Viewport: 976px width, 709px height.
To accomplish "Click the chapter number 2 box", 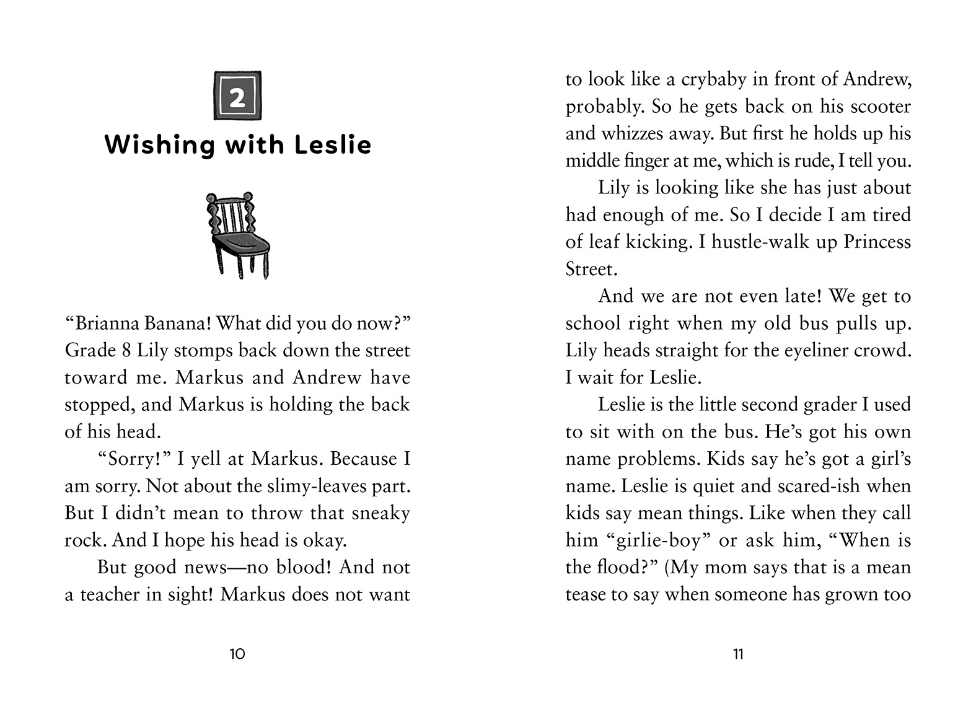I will point(237,95).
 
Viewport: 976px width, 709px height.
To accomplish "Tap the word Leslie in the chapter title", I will point(332,144).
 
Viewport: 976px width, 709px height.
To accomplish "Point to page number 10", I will point(237,654).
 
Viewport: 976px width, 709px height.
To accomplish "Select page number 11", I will point(738,654).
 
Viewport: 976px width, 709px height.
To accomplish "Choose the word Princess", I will point(877,242).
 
